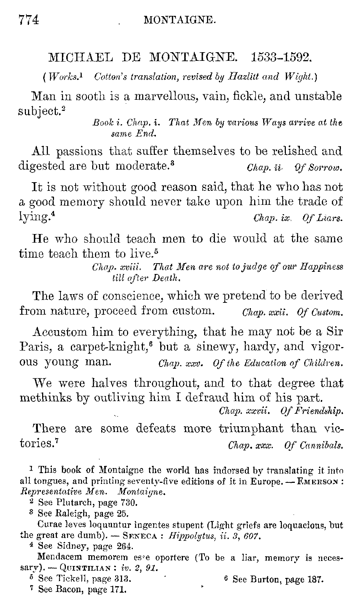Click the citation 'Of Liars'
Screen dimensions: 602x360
(323, 219)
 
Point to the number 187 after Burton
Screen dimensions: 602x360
(317, 580)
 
